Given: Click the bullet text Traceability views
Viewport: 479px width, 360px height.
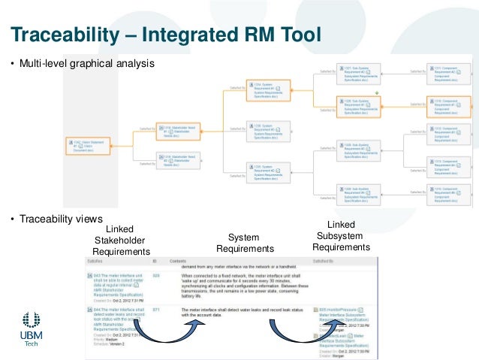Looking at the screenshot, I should pyautogui.click(x=60, y=219).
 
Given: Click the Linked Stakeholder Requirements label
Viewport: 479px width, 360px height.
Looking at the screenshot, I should pyautogui.click(x=121, y=241).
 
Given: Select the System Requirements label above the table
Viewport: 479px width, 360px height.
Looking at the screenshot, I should pyautogui.click(x=244, y=243).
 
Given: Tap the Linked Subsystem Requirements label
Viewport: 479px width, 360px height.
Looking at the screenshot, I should pyautogui.click(x=342, y=236).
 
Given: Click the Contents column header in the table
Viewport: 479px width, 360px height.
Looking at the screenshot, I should pyautogui.click(x=178, y=262).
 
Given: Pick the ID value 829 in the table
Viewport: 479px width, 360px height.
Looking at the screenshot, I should pyautogui.click(x=156, y=276).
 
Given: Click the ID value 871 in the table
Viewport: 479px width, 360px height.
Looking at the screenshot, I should pyautogui.click(x=156, y=309).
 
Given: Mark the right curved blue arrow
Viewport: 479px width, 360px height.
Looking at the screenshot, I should pyautogui.click(x=298, y=332).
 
